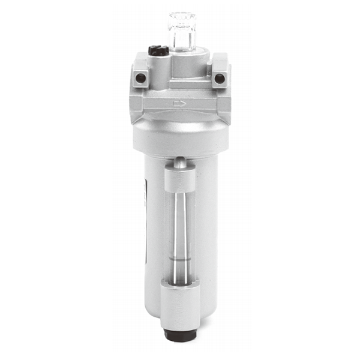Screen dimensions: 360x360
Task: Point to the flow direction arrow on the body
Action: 179,104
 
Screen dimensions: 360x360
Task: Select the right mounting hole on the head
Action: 220,78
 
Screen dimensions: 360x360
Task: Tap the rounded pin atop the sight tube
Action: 180,161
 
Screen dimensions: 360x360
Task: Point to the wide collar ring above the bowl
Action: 180,135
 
